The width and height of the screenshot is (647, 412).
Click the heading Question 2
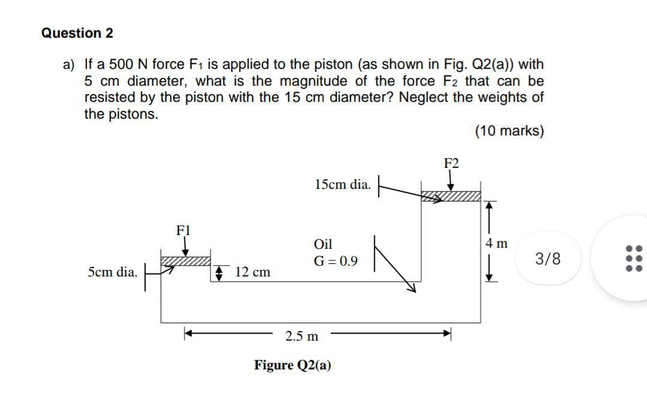(x=77, y=33)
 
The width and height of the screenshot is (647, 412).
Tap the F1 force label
(x=183, y=230)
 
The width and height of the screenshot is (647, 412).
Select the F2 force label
(x=451, y=163)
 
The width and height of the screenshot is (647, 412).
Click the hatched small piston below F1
(x=186, y=260)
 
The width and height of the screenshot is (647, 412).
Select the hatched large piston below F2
(x=451, y=196)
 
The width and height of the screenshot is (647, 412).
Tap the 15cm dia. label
(x=342, y=184)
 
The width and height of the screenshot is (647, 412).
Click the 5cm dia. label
(x=113, y=272)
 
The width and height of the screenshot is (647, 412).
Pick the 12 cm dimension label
(x=252, y=272)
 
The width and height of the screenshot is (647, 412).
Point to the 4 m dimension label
(x=497, y=243)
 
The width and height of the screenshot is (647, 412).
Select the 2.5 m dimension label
(x=302, y=336)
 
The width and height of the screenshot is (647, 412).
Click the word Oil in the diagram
(x=323, y=244)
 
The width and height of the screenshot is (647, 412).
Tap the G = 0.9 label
(x=335, y=261)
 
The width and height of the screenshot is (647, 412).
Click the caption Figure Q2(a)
(x=292, y=365)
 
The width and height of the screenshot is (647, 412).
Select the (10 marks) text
(x=509, y=131)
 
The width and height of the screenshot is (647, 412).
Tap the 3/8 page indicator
(x=548, y=259)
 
